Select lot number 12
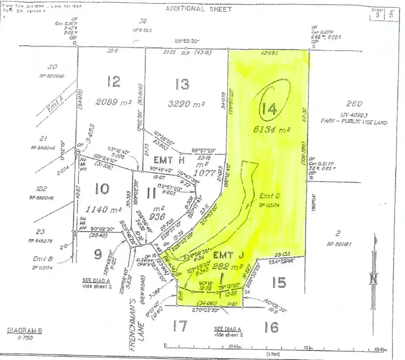point(113,81)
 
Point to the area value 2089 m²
point(114,101)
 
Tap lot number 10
point(102,188)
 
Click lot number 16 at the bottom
point(273,325)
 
